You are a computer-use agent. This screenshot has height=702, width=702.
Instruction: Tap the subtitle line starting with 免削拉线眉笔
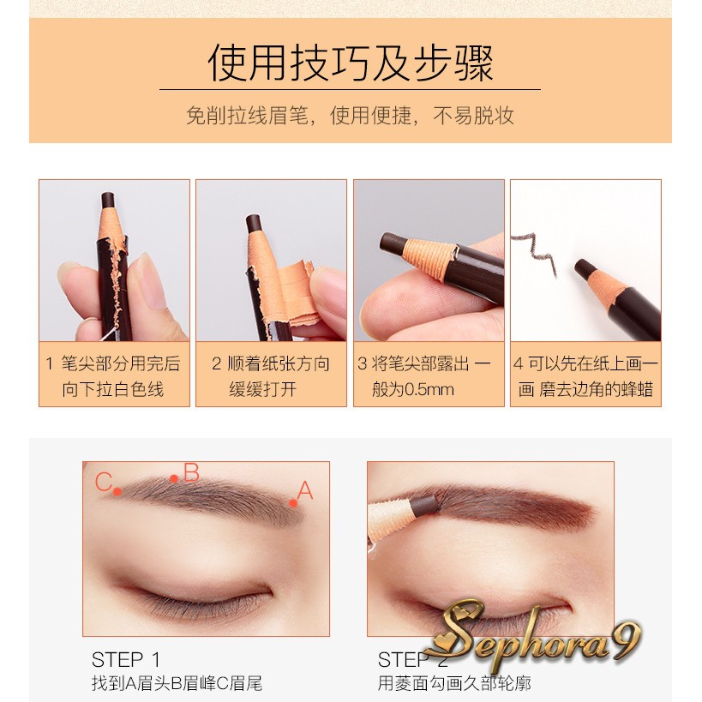pyautogui.click(x=351, y=116)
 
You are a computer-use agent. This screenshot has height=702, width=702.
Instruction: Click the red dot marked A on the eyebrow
pyautogui.click(x=293, y=503)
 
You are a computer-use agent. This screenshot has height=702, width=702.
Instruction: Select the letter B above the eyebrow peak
pyautogui.click(x=191, y=472)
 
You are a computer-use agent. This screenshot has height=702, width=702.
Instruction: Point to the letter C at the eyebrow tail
pyautogui.click(x=103, y=482)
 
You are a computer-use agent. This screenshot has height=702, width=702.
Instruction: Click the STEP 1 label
pyautogui.click(x=125, y=659)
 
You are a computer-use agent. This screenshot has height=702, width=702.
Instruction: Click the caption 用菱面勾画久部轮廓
pyautogui.click(x=454, y=683)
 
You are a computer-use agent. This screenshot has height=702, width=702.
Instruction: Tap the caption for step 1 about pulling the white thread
pyautogui.click(x=113, y=376)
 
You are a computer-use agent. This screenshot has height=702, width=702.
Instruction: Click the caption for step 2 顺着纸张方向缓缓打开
pyautogui.click(x=271, y=376)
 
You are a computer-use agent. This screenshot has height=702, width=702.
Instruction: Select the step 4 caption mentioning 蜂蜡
pyautogui.click(x=585, y=376)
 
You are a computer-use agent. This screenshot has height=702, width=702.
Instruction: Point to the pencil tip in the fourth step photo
pyautogui.click(x=583, y=267)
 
